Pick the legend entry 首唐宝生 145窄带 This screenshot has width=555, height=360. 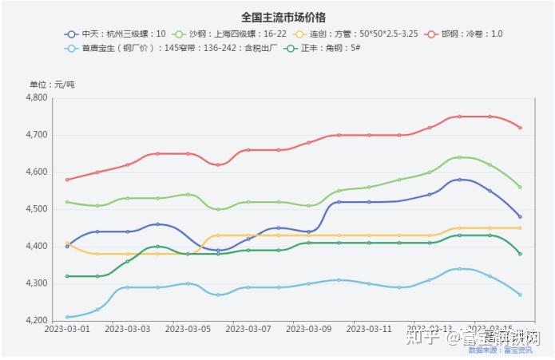(160, 49)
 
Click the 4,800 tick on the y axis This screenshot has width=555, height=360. (38, 98)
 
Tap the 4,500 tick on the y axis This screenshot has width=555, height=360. (38, 209)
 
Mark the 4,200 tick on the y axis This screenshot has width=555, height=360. (38, 320)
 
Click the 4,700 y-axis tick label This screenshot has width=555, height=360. (38, 135)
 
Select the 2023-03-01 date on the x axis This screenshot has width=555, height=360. (67, 328)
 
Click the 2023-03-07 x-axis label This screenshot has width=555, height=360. (248, 328)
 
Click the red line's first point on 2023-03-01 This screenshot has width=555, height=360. (67, 180)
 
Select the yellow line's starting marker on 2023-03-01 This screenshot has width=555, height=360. (67, 243)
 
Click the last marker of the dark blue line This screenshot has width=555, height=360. (520, 216)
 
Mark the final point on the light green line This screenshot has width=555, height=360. (520, 187)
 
